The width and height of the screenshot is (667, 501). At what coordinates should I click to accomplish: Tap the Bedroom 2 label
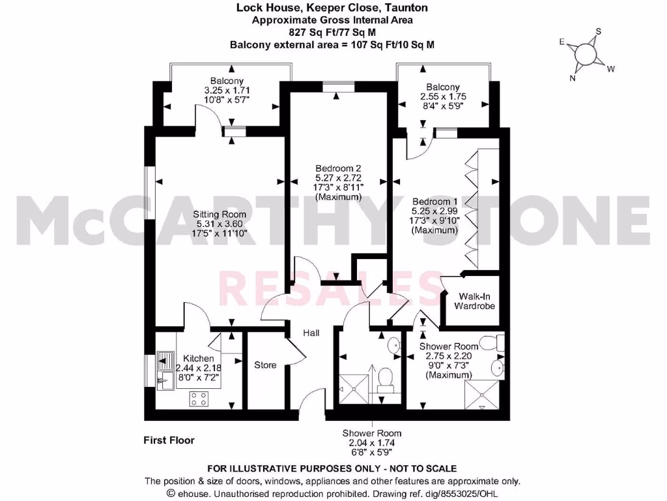click(337, 168)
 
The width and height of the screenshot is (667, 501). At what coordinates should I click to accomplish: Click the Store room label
click(265, 365)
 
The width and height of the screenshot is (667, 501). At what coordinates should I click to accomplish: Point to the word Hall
click(311, 333)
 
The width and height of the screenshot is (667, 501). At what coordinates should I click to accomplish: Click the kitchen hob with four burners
click(198, 399)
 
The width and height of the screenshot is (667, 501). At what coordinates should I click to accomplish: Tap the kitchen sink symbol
click(163, 371)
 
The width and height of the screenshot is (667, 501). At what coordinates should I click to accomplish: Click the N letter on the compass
click(573, 78)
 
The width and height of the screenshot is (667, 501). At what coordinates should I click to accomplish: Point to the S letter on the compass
click(599, 31)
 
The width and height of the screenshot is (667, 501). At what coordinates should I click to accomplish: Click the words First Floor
click(169, 440)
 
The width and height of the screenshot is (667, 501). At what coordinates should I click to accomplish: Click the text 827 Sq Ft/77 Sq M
click(332, 32)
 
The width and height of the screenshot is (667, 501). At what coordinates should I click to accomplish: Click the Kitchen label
click(198, 359)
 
